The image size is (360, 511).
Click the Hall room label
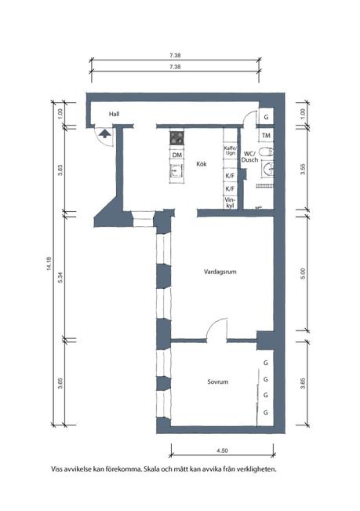tap(115, 115)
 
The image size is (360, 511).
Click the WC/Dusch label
tap(250, 156)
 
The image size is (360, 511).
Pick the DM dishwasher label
tap(178, 155)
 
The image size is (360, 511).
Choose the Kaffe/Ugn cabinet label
tap(230, 151)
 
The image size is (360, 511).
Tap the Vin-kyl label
tap(230, 203)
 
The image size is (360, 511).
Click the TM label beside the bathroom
tap(267, 136)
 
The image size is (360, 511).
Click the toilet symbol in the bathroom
tap(267, 155)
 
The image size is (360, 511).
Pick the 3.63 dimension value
tap(60, 170)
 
